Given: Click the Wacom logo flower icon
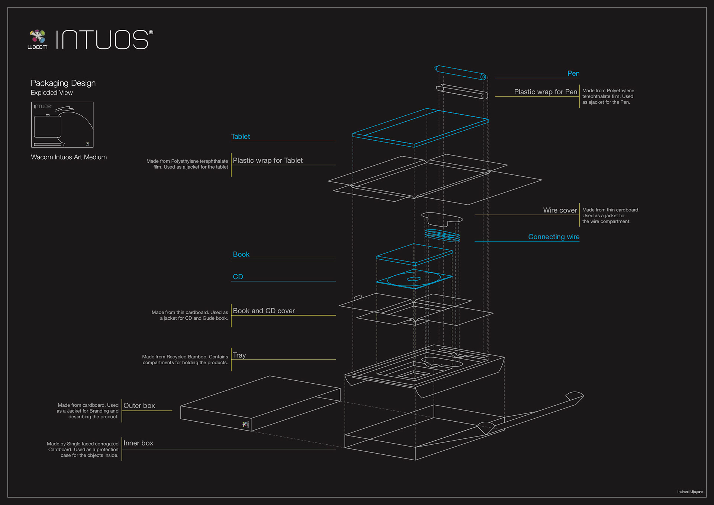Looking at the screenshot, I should [x=38, y=36].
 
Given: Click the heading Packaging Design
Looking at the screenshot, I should [x=63, y=83].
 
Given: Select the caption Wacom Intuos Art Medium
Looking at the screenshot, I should [x=69, y=157].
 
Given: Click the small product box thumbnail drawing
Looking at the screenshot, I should [x=62, y=125].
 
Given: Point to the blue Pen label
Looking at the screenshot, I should [x=573, y=73].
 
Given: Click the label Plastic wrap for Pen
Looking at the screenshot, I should [x=545, y=92].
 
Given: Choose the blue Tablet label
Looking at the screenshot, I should [x=241, y=137].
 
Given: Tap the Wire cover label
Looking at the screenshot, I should [x=560, y=210].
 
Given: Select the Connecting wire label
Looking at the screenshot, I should [x=553, y=237].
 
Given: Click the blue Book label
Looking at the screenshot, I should [x=241, y=254].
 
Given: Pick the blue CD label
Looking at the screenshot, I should [x=238, y=277].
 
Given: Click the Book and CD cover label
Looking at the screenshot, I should [x=264, y=311].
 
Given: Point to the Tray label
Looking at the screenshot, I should [x=239, y=355].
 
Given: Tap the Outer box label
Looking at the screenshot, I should [x=139, y=406].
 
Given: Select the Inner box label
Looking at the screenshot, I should [x=138, y=443].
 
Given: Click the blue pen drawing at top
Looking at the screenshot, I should [x=460, y=73].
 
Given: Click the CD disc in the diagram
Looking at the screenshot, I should [x=414, y=279].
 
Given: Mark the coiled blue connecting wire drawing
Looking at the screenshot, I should [x=443, y=236].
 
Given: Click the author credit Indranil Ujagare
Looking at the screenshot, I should [x=690, y=492].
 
